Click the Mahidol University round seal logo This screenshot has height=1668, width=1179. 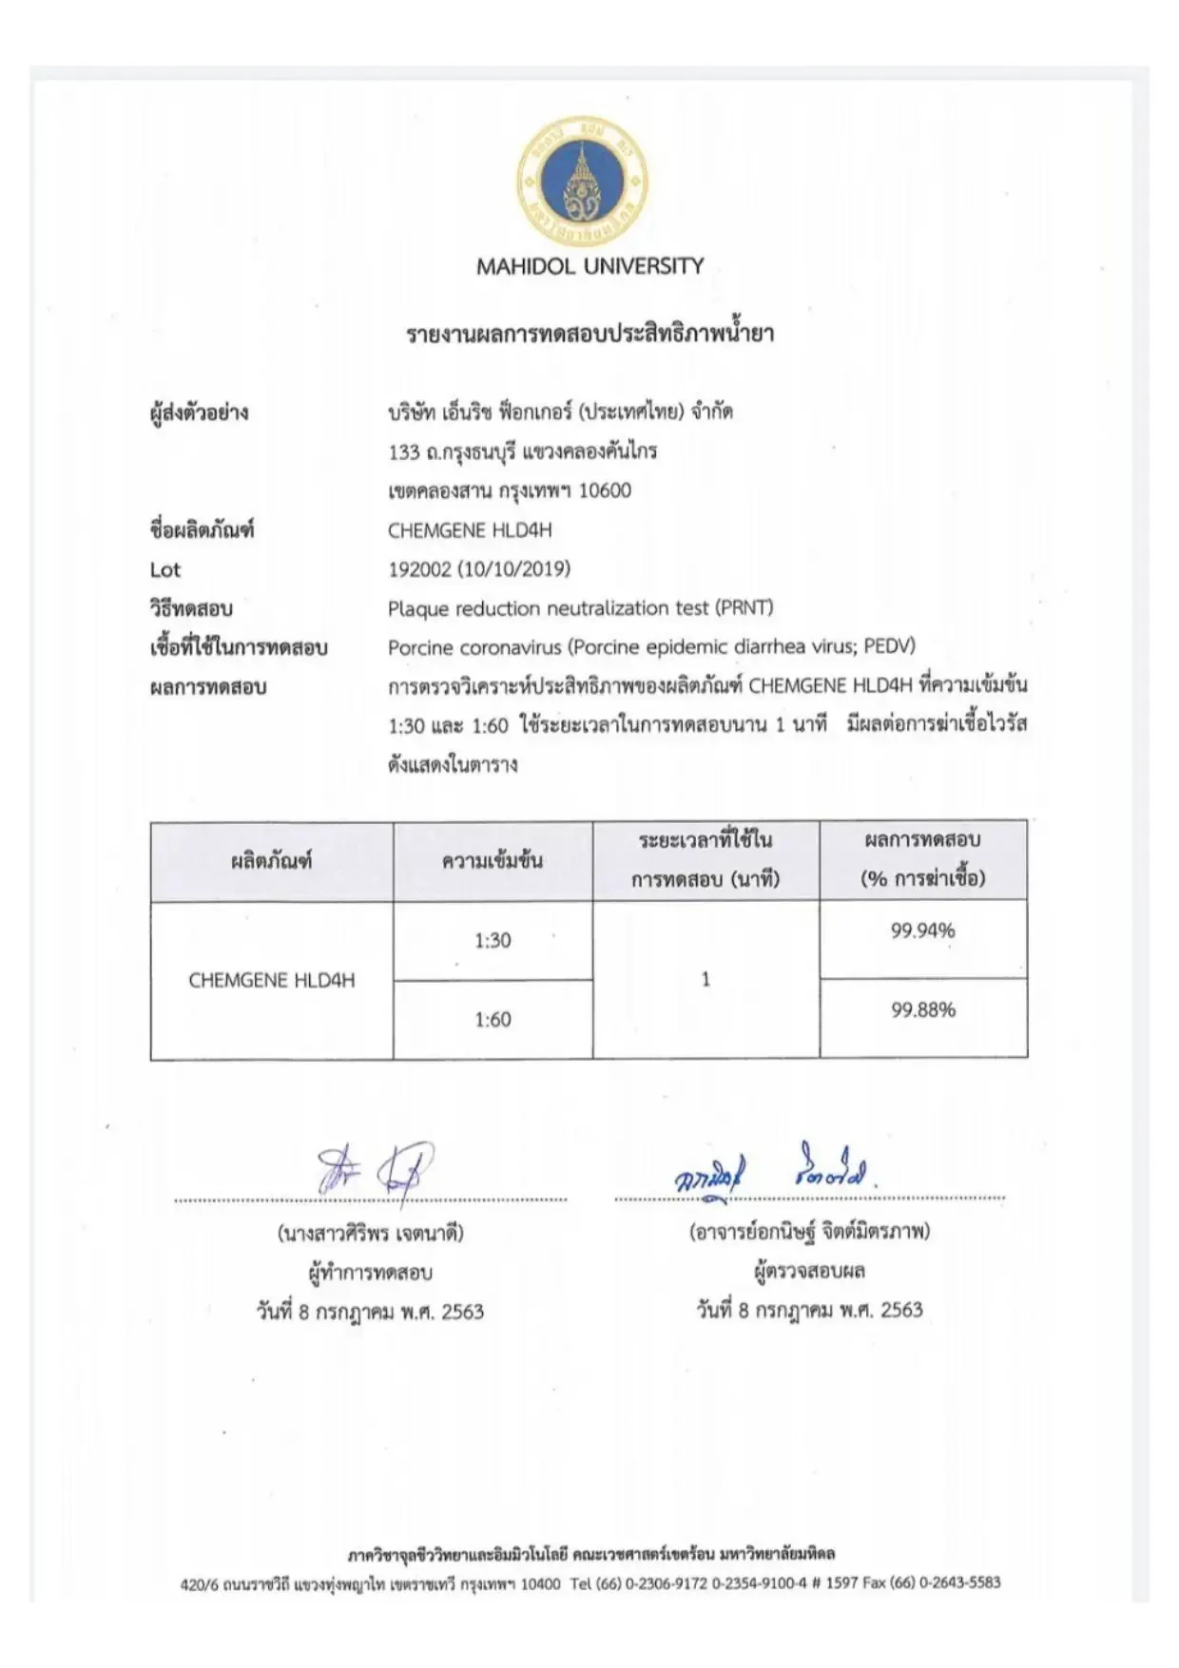(x=582, y=181)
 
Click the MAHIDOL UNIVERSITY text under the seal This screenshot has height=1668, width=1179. (x=589, y=266)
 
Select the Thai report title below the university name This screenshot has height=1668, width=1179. (x=589, y=334)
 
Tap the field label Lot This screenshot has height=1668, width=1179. (x=164, y=570)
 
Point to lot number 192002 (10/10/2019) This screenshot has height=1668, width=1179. (x=479, y=569)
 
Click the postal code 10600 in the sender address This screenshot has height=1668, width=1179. (x=605, y=491)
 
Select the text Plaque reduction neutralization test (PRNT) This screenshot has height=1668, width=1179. (x=580, y=608)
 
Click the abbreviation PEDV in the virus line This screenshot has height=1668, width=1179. (x=887, y=647)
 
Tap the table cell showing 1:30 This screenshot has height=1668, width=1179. (x=493, y=941)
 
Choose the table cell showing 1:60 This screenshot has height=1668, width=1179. (x=493, y=1020)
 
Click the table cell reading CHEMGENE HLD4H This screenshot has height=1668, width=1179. (x=272, y=981)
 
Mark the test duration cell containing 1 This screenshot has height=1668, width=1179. (x=705, y=980)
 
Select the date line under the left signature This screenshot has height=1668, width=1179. (x=370, y=1313)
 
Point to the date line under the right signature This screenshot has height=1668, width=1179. (x=809, y=1311)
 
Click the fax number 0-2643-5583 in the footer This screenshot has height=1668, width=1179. (x=959, y=1583)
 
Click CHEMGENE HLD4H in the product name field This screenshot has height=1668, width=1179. (x=470, y=530)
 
